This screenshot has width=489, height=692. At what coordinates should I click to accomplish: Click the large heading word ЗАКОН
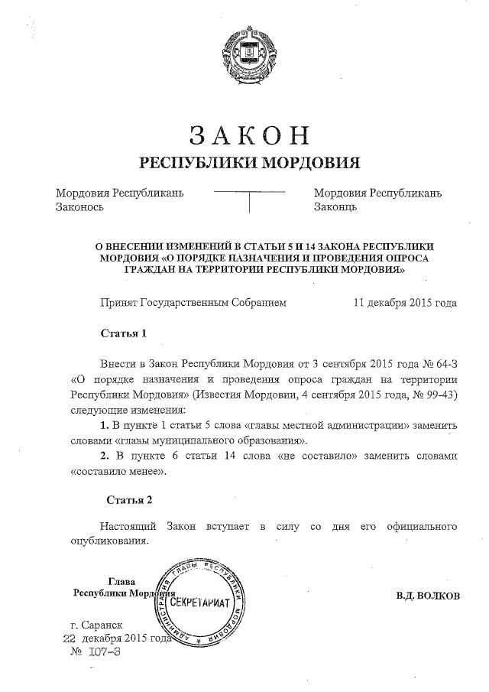tap(248, 135)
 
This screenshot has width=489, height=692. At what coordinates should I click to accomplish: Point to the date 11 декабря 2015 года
tap(405, 303)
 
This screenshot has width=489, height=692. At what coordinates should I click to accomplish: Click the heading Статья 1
tap(122, 333)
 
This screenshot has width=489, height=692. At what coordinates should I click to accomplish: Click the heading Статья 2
tap(129, 500)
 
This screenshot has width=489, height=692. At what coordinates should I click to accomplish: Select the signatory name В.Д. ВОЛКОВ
tap(428, 596)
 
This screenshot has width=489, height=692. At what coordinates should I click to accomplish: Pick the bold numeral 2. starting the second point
tap(106, 456)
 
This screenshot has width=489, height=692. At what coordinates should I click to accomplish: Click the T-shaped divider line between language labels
tap(249, 197)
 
